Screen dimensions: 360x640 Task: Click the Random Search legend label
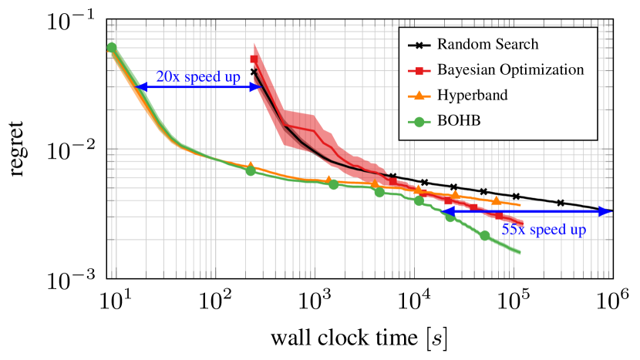pyautogui.click(x=487, y=45)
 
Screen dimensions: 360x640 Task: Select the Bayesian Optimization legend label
pyautogui.click(x=510, y=70)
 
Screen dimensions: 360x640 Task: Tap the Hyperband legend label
pyautogui.click(x=472, y=96)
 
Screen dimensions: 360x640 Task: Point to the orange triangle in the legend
pyautogui.click(x=419, y=96)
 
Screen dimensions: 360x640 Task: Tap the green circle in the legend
pyautogui.click(x=419, y=121)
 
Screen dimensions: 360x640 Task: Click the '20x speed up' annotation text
pyautogui.click(x=198, y=77)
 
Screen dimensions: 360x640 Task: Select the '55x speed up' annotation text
pyautogui.click(x=544, y=230)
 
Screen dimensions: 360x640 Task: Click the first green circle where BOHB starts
pyautogui.click(x=112, y=47)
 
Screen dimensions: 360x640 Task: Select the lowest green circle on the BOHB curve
pyautogui.click(x=484, y=235)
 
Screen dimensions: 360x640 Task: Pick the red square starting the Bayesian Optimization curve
pyautogui.click(x=255, y=59)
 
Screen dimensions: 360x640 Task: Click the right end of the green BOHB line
pyautogui.click(x=520, y=253)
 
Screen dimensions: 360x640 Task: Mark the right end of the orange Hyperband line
pyautogui.click(x=521, y=205)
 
